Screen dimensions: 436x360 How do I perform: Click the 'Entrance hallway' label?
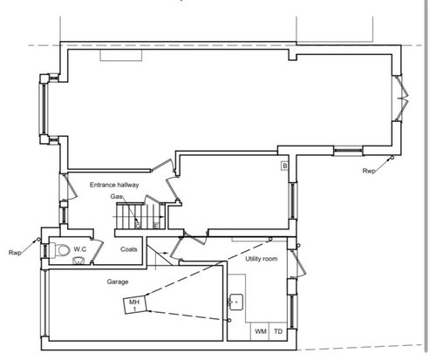[x=114, y=185]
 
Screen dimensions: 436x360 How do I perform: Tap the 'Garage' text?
[x=118, y=282]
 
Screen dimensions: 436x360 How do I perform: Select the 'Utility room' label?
[x=262, y=259]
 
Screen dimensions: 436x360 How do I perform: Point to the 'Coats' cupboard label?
[x=129, y=249]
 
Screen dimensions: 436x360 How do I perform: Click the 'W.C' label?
[x=80, y=249]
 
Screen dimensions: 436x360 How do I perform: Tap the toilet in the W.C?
[x=60, y=250]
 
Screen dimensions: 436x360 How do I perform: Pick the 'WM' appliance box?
[x=261, y=331]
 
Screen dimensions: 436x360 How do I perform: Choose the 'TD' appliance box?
[x=278, y=331]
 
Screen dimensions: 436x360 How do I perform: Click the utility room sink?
[x=236, y=302]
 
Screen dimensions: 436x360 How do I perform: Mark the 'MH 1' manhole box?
[x=134, y=305]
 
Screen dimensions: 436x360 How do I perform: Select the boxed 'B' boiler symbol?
[x=285, y=166]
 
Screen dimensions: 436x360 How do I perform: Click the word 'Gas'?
[x=116, y=197]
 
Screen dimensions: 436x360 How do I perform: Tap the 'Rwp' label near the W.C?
[x=15, y=253]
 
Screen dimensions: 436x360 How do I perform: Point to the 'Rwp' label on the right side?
[x=369, y=171]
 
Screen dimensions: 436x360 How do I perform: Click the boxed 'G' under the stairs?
[x=138, y=225]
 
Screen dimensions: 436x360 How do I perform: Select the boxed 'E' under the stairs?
[x=156, y=225]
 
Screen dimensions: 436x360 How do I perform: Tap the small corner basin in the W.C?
[x=78, y=261]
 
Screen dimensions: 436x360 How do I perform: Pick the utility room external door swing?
[x=297, y=263]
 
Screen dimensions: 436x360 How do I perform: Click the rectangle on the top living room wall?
[x=121, y=55]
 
